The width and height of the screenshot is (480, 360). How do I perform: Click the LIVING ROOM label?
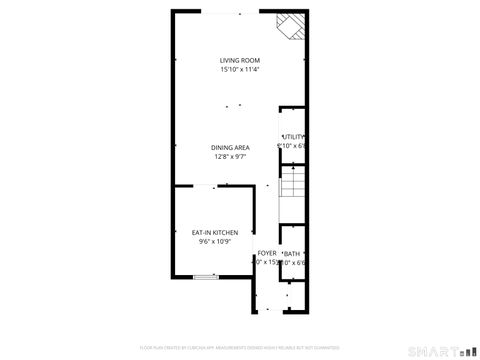click(239, 60)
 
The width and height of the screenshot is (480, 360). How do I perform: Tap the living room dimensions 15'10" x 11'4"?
click(239, 70)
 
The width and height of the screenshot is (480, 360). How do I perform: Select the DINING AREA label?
click(230, 147)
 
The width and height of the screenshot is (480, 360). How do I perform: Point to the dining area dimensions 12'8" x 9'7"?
click(230, 157)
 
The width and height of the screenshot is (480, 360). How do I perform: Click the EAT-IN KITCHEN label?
click(214, 232)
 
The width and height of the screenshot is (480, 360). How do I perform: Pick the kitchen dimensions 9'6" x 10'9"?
click(214, 242)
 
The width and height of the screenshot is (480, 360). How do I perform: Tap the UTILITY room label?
click(292, 137)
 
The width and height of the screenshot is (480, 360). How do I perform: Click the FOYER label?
click(267, 253)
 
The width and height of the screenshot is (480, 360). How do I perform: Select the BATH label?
click(292, 254)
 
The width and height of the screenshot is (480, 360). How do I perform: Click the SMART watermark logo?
click(438, 350)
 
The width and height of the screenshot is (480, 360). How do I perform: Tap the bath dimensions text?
click(292, 264)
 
